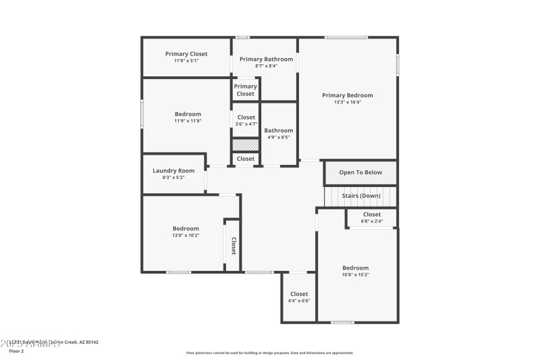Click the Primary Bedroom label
(x=347, y=95)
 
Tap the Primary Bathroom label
(x=266, y=59)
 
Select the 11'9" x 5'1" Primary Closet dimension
(x=186, y=61)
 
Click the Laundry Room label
(x=173, y=171)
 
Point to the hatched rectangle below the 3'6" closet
(x=246, y=145)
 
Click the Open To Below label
(x=360, y=172)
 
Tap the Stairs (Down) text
(x=360, y=196)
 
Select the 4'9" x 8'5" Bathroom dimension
(x=278, y=137)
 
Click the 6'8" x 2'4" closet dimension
(x=372, y=221)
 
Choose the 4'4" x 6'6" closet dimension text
(x=298, y=301)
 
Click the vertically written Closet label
(x=234, y=245)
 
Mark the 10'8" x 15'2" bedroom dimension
(x=355, y=275)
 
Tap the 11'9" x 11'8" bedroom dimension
(x=188, y=121)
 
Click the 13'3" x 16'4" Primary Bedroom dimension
(x=347, y=103)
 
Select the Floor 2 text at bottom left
(x=16, y=351)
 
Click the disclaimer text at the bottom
(x=269, y=353)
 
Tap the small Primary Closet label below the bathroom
(x=246, y=90)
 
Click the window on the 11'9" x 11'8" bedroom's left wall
(x=142, y=113)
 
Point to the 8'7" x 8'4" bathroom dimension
(x=266, y=66)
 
